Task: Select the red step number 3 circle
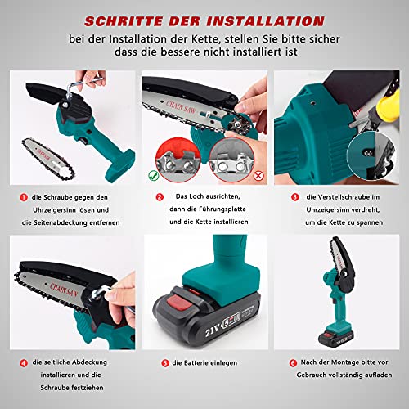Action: point(284,197)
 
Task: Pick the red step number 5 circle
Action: point(165,362)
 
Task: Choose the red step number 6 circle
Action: point(284,362)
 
